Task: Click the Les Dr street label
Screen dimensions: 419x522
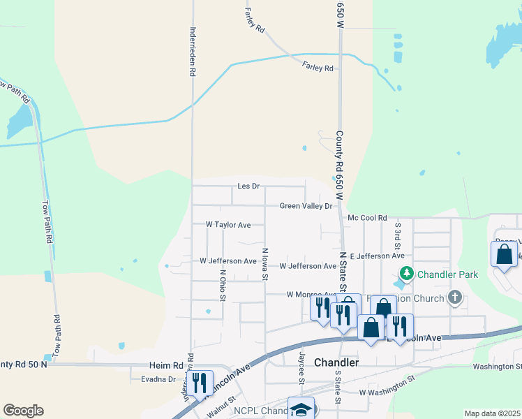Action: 248,186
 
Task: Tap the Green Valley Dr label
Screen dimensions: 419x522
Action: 306,206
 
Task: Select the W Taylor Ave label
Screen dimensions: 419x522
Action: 228,225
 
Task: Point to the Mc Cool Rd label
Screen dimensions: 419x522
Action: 367,219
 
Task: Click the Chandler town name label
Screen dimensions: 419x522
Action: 336,362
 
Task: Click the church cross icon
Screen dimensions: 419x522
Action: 455,298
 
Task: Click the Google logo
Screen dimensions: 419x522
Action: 23,411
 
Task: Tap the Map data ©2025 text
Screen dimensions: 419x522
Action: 493,413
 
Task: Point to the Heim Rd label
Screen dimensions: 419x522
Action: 166,365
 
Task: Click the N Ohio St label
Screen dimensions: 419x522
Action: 223,286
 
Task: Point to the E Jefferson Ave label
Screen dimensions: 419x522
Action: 378,256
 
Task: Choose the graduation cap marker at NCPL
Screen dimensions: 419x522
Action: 301,409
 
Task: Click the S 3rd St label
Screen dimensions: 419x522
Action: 398,235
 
